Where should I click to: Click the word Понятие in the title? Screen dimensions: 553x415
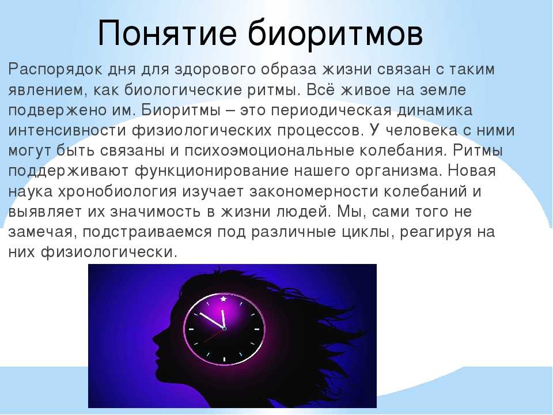point(167,34)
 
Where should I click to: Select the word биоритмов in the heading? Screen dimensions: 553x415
point(335,33)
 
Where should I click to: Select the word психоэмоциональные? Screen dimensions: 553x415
point(269,151)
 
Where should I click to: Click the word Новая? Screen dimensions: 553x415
point(472,171)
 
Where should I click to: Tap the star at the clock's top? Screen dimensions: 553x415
point(224,299)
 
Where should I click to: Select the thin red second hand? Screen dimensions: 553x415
point(214,335)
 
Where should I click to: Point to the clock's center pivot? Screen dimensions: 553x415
point(225,329)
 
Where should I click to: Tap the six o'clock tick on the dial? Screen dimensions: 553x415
point(224,360)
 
